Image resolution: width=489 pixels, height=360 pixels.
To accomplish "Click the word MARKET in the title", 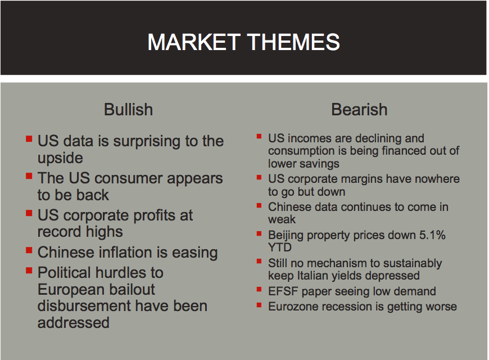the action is [x=194, y=42].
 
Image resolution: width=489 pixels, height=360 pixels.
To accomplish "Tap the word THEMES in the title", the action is [x=293, y=42].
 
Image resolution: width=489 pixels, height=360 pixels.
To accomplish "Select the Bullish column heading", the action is [x=129, y=110].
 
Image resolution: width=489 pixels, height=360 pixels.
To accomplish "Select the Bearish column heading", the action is [x=359, y=110].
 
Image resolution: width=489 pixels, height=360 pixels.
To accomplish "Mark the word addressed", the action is [x=74, y=323].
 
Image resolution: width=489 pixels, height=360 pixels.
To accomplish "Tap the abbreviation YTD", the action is [x=280, y=247].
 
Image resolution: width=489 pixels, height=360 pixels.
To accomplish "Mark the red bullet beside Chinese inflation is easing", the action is [x=29, y=250].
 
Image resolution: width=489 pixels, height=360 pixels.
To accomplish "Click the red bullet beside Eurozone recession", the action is [x=259, y=305].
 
